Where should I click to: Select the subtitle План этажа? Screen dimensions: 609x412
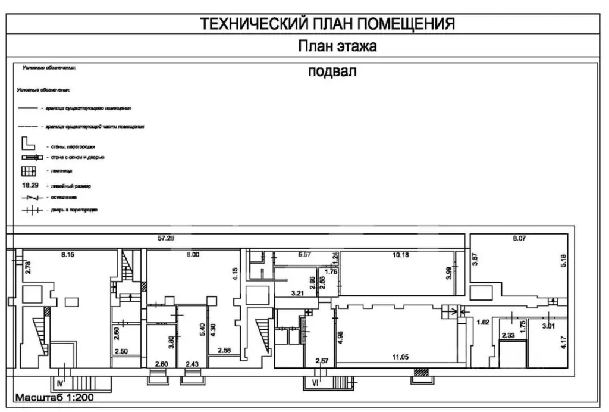point(337,46)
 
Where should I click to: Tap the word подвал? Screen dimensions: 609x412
point(332,72)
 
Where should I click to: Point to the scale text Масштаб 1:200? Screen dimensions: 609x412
point(54,397)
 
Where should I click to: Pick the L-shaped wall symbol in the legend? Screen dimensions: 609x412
point(29,143)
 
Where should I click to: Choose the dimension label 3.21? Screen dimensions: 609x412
point(297,293)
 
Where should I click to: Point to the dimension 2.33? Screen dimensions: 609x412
point(510,335)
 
